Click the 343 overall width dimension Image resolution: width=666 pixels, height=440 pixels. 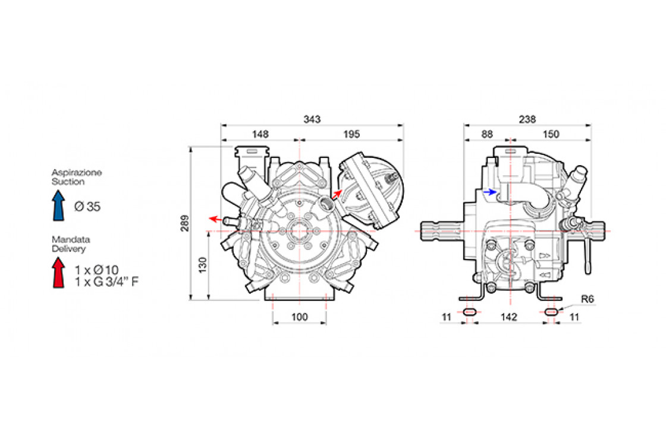[312, 119]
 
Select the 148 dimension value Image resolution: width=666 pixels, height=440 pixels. [260, 134]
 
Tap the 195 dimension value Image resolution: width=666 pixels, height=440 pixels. [351, 134]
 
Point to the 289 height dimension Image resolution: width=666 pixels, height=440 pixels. [185, 223]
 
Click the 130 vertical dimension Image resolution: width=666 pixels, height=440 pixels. [203, 265]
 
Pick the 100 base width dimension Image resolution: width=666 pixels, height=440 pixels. [300, 317]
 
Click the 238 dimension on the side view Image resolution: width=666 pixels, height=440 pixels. [527, 119]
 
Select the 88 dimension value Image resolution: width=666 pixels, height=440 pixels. [487, 134]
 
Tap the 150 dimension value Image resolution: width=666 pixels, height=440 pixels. [551, 134]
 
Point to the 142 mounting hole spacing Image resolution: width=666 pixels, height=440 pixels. [509, 317]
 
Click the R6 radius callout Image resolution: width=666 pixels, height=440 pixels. [588, 299]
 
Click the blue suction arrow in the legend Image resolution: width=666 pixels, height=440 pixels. [59, 205]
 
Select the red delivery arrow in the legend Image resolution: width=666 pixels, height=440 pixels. [58, 273]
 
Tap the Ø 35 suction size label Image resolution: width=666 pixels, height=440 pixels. [87, 207]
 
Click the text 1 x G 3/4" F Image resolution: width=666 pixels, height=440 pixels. [107, 281]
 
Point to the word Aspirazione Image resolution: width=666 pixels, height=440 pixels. [77, 173]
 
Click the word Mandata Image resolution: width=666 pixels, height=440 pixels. [71, 240]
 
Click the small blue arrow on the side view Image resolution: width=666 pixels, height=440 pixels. [490, 192]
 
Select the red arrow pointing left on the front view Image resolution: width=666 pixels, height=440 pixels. [215, 219]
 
